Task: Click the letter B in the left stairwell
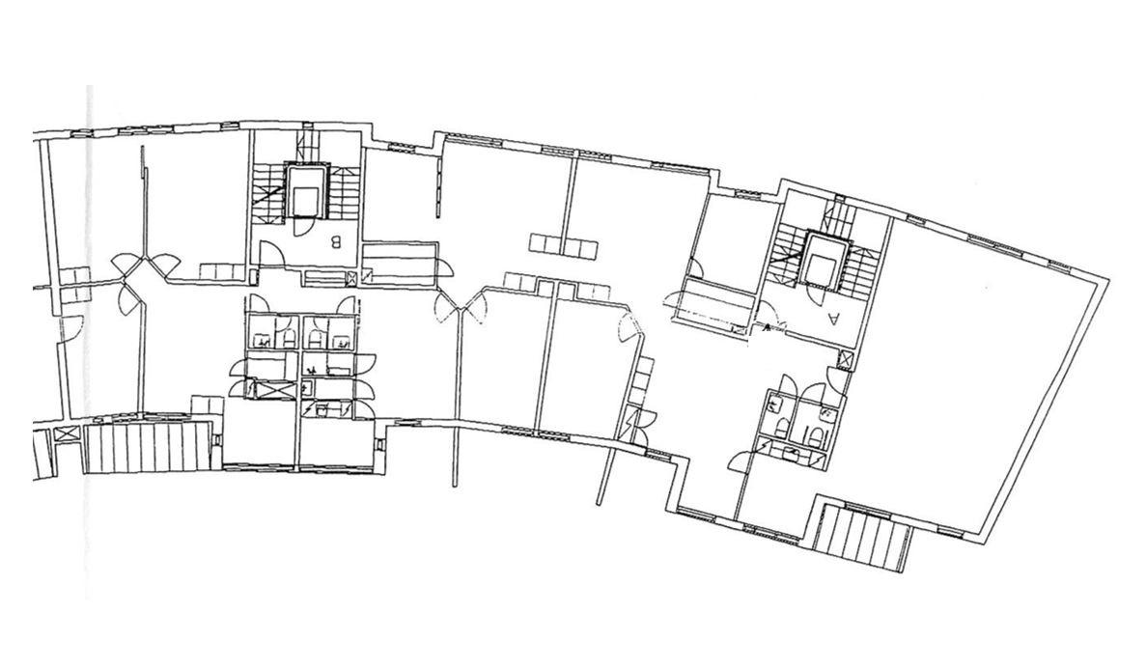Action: click(x=337, y=241)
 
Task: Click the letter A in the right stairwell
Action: click(x=834, y=318)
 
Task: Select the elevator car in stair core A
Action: click(x=825, y=261)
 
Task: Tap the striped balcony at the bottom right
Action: click(x=863, y=538)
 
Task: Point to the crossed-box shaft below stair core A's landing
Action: click(x=846, y=360)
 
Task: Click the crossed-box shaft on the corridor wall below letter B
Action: click(x=353, y=277)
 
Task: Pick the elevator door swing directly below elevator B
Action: click(x=299, y=227)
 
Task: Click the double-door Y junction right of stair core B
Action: click(x=461, y=308)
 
